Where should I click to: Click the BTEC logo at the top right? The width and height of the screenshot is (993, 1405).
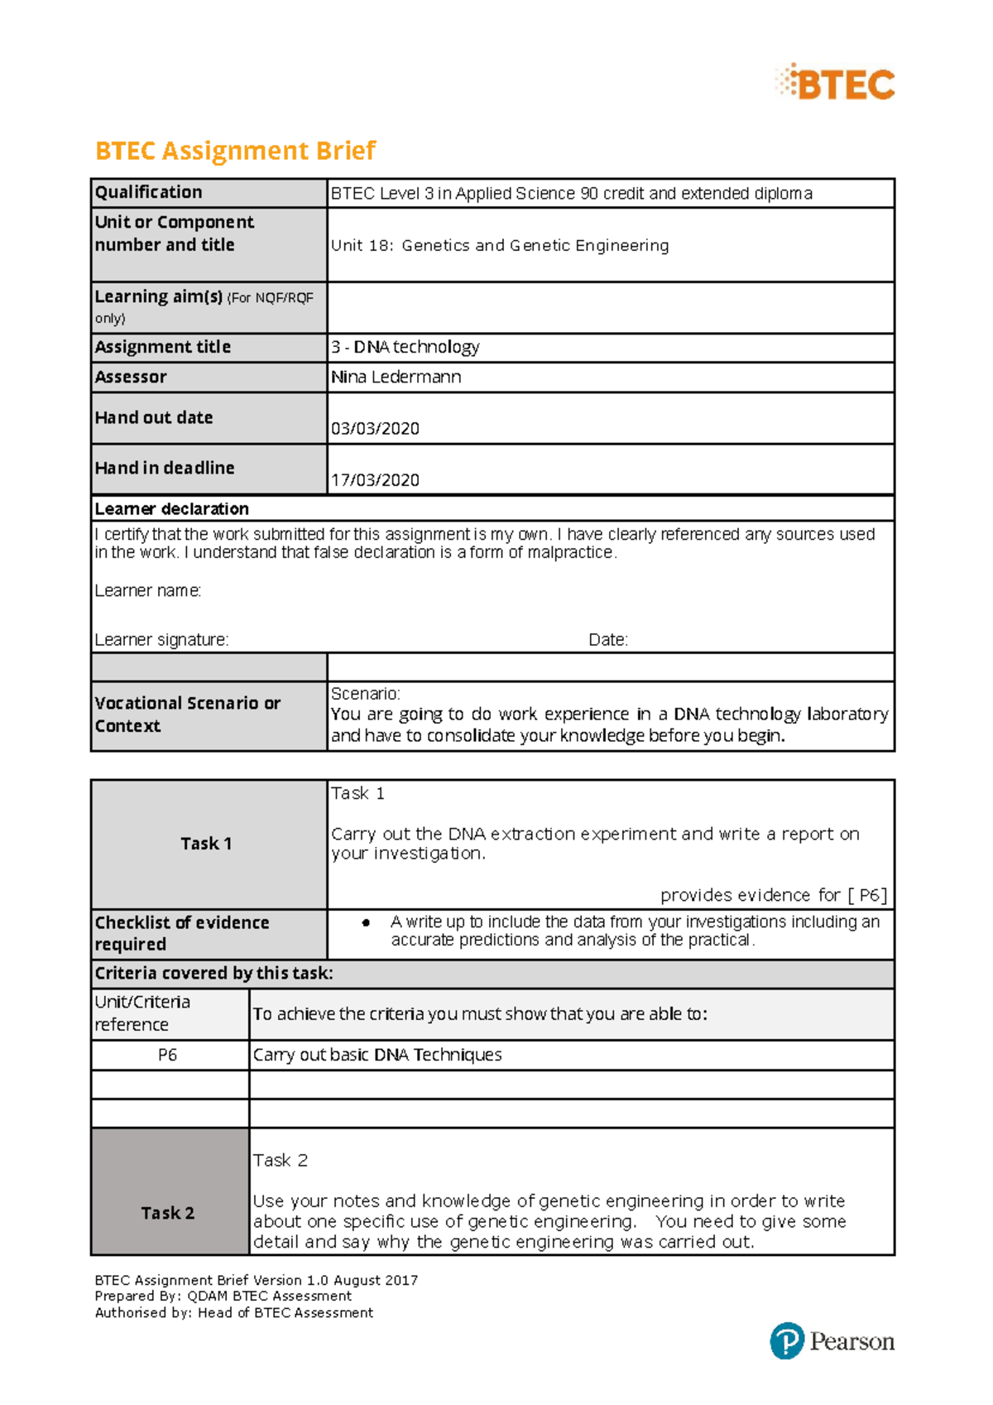[836, 83]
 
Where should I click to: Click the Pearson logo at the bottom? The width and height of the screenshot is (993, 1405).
[832, 1340]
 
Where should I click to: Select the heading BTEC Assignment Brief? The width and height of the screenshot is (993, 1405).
[235, 151]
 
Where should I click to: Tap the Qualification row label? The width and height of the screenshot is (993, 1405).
[149, 192]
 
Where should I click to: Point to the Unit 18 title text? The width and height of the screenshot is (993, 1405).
[500, 245]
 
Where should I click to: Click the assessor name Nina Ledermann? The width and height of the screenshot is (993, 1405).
[396, 377]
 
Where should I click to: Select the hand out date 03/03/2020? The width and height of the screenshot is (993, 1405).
[375, 428]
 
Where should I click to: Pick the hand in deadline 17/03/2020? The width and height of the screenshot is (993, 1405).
[375, 479]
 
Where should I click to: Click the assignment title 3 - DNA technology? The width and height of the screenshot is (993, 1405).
[405, 347]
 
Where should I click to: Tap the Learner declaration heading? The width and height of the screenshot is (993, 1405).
[171, 508]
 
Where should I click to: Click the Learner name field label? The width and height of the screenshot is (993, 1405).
[147, 590]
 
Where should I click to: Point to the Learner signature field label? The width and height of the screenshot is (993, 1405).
[161, 639]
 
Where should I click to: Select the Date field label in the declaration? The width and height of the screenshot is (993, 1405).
[608, 639]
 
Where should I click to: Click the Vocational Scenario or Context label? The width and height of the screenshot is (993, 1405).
[187, 714]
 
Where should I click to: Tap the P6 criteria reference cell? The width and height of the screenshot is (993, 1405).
[167, 1055]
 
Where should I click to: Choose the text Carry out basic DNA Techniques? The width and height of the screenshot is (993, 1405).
[377, 1055]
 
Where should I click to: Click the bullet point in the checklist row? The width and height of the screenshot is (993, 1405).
[366, 922]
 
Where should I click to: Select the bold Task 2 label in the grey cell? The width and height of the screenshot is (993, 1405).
[167, 1213]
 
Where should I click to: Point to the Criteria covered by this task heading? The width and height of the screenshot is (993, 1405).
[213, 973]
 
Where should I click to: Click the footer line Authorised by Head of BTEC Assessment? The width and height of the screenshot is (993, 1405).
[233, 1312]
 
